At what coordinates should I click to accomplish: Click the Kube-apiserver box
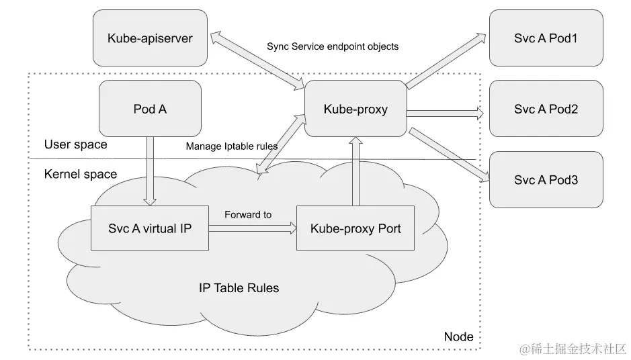click(x=150, y=38)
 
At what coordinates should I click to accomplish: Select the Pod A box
click(x=150, y=108)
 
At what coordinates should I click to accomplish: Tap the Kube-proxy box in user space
click(x=355, y=108)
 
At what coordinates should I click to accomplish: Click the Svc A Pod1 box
click(x=546, y=38)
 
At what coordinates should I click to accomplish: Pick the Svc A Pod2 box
click(x=546, y=108)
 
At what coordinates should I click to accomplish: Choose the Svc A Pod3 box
click(x=546, y=179)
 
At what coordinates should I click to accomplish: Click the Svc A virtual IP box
click(x=149, y=228)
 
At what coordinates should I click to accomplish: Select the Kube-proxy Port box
click(x=355, y=228)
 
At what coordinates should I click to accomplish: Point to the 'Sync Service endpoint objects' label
click(x=332, y=47)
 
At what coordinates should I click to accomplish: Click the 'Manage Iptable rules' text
click(x=231, y=146)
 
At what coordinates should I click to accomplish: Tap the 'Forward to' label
click(x=248, y=214)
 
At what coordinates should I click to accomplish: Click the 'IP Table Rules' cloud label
click(x=239, y=288)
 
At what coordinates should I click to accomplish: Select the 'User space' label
click(x=75, y=144)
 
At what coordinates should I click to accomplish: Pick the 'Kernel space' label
click(x=80, y=174)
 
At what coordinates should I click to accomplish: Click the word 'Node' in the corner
click(x=459, y=336)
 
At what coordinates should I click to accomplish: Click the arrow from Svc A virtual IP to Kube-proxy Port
click(x=253, y=228)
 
